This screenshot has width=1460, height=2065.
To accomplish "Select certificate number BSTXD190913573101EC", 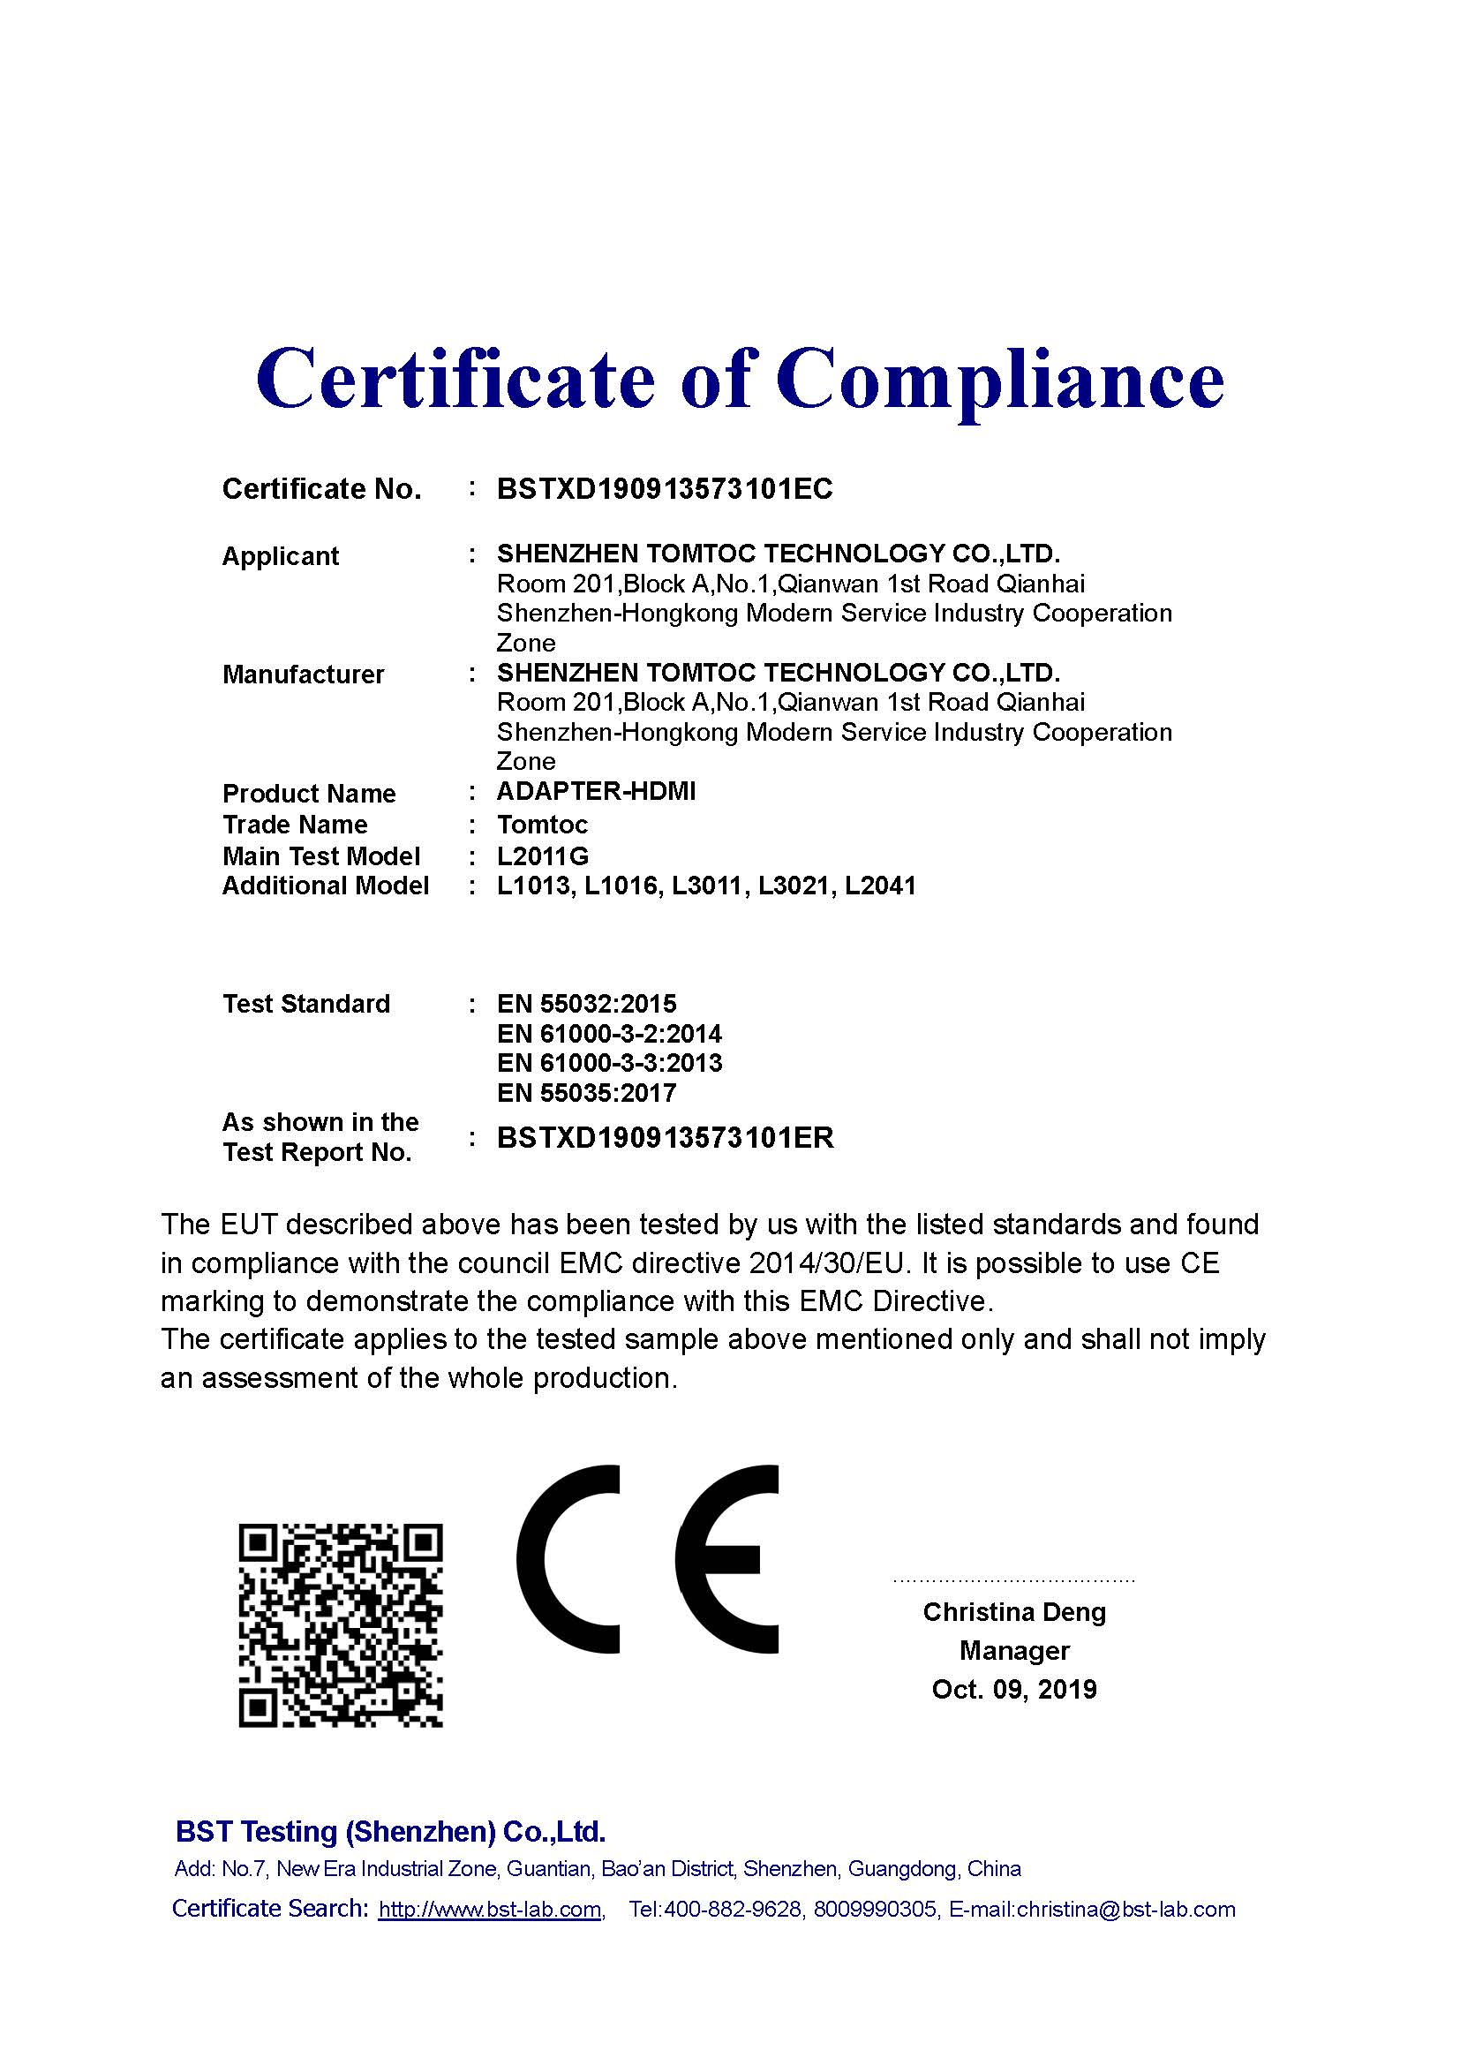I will point(665,489).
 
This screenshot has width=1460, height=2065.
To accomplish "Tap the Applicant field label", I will point(281,556).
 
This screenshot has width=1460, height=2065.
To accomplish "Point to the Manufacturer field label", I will point(303,675).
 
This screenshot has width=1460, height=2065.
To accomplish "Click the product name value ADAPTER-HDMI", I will point(596,791).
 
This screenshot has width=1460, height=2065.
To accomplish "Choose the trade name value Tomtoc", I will point(542,825).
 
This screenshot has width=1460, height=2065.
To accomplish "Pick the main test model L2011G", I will point(542,856).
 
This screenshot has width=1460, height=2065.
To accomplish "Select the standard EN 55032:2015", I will point(586,1004).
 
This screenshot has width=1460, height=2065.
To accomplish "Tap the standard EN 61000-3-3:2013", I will point(610,1063).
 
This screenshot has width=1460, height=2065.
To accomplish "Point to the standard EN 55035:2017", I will point(586,1093).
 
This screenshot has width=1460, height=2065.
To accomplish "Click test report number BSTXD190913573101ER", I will point(666,1138).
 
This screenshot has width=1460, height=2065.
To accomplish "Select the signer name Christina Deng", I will point(1014,1612).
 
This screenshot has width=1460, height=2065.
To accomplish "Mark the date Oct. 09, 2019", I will point(1014,1689).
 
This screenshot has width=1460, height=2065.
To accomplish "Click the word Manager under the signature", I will point(1014,1650).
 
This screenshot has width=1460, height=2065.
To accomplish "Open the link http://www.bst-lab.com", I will point(490,1910).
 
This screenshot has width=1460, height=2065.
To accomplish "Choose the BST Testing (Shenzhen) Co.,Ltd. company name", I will point(390,1831).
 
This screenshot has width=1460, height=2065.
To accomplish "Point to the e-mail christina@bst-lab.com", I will point(1125,1910).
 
